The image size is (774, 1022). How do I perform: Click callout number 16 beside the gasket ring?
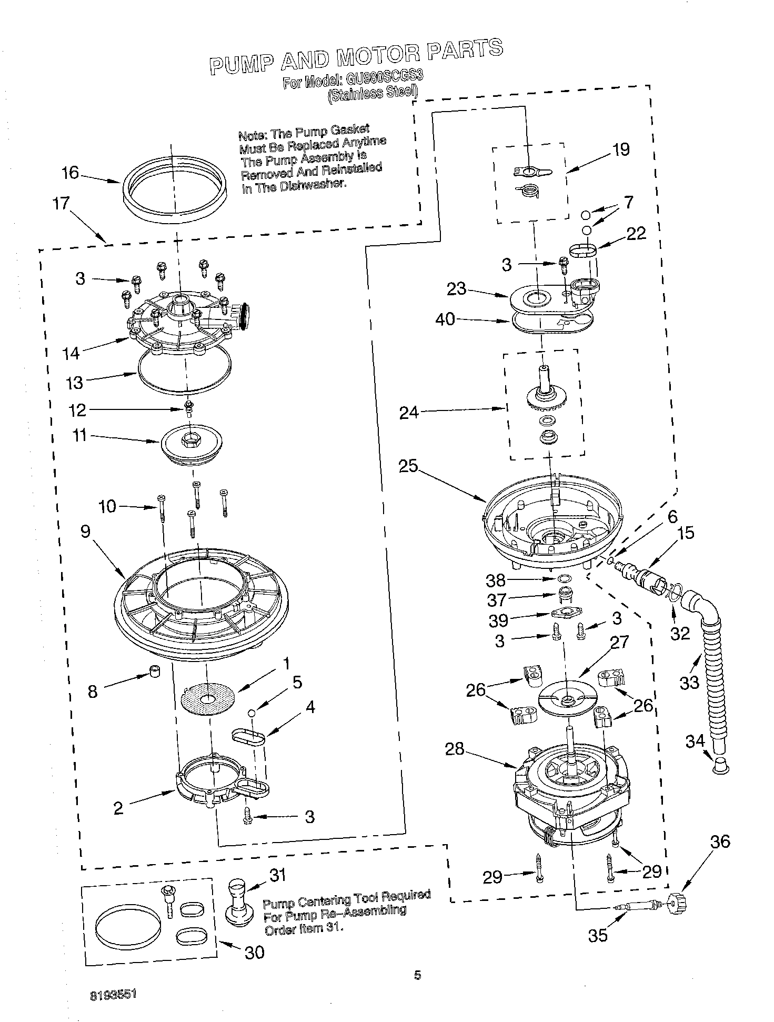pos(69,173)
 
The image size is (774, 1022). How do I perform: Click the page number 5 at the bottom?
pos(417,975)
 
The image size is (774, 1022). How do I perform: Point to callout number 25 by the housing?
pos(408,466)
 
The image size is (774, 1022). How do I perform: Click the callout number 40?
pos(445,318)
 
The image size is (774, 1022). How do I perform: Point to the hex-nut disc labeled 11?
pos(192,444)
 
